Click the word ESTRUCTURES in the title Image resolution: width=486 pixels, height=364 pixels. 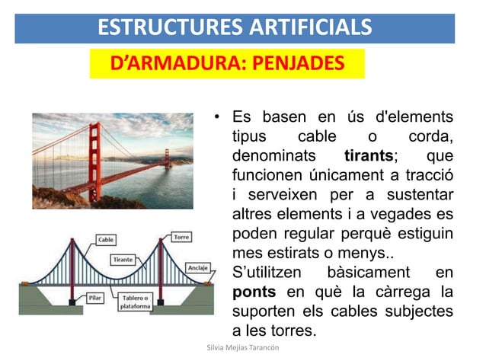[x=164, y=28]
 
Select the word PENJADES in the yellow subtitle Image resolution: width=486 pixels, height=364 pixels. [x=293, y=63]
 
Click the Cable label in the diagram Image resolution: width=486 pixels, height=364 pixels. [x=105, y=240]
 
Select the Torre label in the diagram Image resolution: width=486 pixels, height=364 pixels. [x=181, y=237]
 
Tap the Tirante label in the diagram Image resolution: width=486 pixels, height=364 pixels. [x=123, y=260]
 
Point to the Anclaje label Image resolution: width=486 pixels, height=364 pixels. [x=199, y=268]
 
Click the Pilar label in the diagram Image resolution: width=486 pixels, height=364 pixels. [x=95, y=298]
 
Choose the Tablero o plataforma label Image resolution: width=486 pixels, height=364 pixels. [x=137, y=302]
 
